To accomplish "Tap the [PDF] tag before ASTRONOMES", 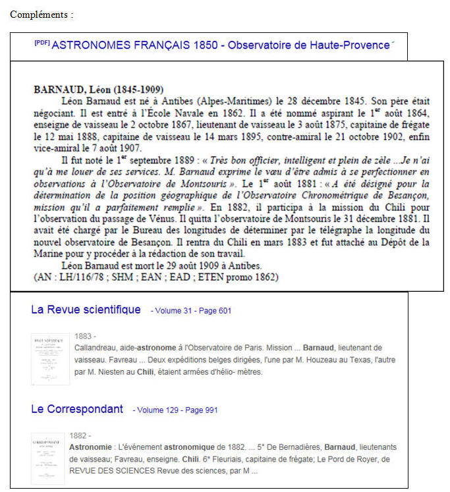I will tap(42, 43).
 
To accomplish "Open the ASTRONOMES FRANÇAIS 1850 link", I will tap(220, 45).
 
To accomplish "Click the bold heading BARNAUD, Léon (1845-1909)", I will tap(99, 90).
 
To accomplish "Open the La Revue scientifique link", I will tap(86, 310).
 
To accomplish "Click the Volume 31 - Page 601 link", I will tap(191, 311).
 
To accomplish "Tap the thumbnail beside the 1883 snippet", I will tap(49, 359).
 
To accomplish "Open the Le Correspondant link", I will tap(76, 409).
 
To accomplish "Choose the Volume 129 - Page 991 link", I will tap(175, 410).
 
